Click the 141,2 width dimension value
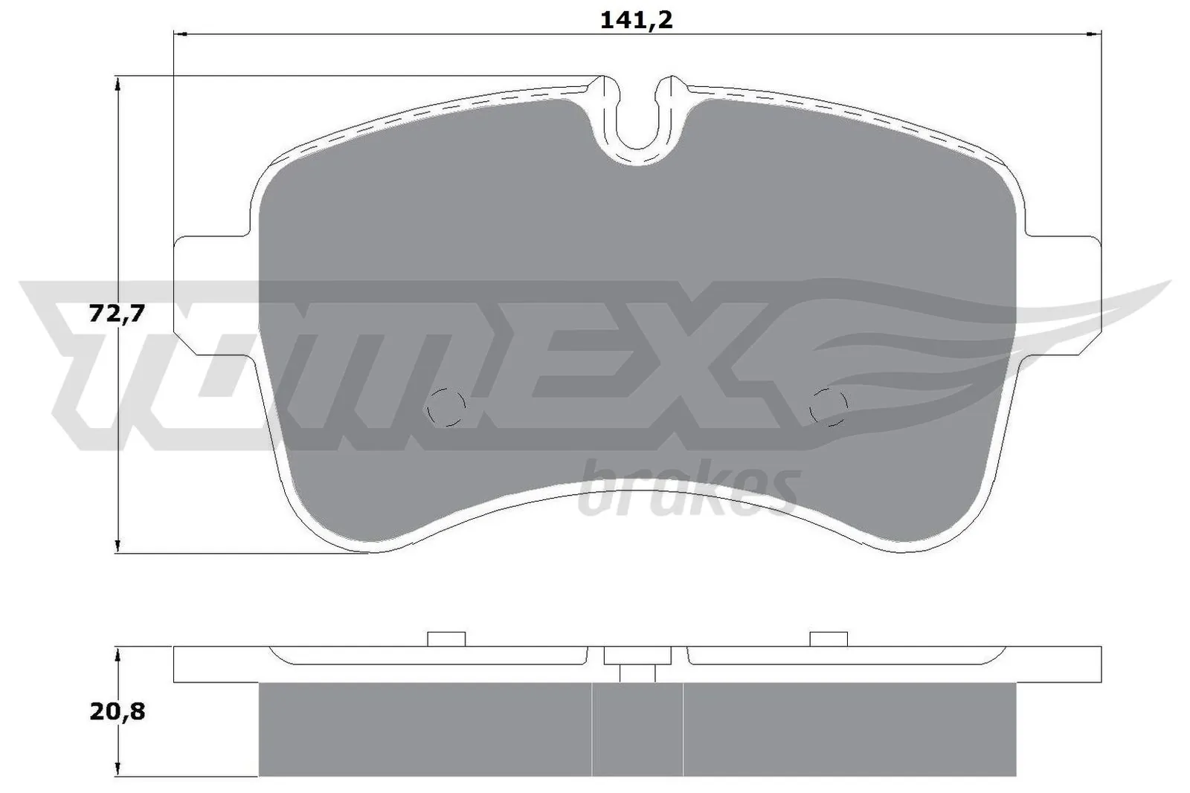pyautogui.click(x=636, y=20)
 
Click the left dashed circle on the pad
pyautogui.click(x=446, y=407)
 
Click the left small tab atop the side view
pyautogui.click(x=446, y=639)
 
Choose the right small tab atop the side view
pyautogui.click(x=829, y=639)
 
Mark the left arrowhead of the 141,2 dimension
pyautogui.click(x=178, y=33)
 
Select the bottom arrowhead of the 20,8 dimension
pyautogui.click(x=117, y=771)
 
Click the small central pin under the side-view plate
pyautogui.click(x=637, y=673)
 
